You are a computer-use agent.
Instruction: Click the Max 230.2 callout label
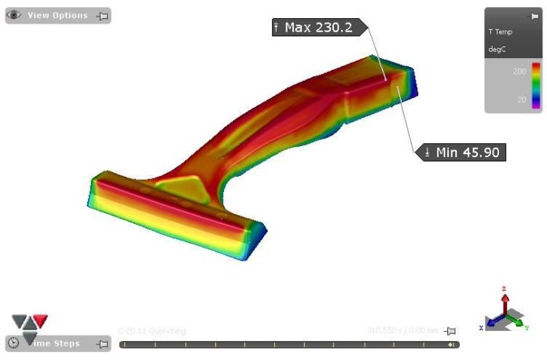coord(317,28)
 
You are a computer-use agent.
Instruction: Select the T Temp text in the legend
coord(501,32)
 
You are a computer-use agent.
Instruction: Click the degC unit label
coord(497,49)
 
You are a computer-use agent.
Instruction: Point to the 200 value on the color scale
coord(519,71)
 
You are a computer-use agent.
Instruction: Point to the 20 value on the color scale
coord(521,100)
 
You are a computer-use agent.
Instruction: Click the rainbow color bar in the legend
coord(536,85)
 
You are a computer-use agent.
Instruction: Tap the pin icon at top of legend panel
coord(534,16)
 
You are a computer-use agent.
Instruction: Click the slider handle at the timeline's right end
coord(451,344)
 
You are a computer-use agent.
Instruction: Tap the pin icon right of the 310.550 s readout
coord(450,332)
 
